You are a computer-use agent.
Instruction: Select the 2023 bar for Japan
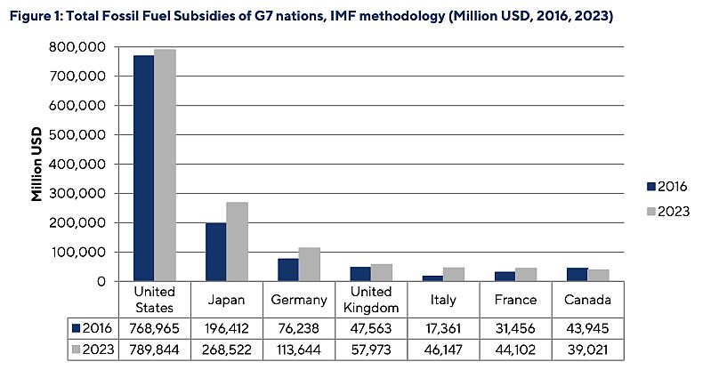click(237, 242)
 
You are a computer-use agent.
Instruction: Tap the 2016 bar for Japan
click(214, 253)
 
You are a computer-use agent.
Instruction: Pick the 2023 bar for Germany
click(309, 264)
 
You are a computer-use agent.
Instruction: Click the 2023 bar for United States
click(165, 165)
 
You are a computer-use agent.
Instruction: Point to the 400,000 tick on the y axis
click(80, 165)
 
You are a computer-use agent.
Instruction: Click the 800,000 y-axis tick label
click(80, 47)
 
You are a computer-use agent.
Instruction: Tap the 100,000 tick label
click(80, 253)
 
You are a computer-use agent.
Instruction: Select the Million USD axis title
click(37, 165)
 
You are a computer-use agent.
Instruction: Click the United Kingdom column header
click(371, 299)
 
